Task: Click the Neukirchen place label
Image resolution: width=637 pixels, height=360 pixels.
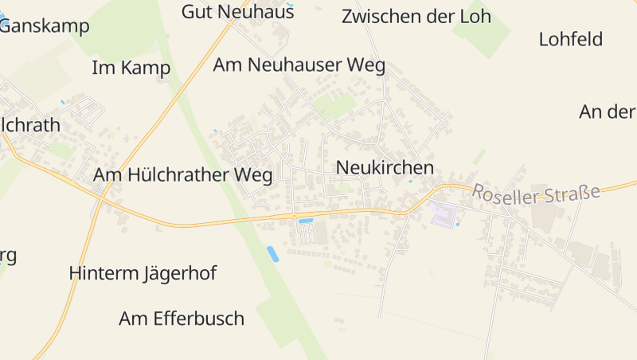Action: pos(385,167)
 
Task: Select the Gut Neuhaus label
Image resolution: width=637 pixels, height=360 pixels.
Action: pos(237,11)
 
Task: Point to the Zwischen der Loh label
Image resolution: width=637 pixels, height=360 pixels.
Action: pos(416,16)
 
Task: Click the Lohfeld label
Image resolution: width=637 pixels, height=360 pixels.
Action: pos(570,39)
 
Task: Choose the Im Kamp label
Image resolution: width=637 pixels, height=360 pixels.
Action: pos(131,68)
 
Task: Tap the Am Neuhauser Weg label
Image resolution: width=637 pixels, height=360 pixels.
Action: pos(299,65)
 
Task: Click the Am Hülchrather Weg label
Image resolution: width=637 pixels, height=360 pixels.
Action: pos(182,174)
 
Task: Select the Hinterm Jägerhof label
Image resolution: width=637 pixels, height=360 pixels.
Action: pos(143,273)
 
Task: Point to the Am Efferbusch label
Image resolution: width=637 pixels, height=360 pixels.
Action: pos(181,319)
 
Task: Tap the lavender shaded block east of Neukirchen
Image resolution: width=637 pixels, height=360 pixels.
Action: pos(444,214)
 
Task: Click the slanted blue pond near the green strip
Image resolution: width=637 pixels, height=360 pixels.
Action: pos(272,254)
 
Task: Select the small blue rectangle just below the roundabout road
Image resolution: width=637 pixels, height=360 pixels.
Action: pos(305,221)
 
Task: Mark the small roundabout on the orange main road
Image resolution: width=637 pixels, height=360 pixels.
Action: pos(294,215)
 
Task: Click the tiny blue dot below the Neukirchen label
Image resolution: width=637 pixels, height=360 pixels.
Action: pos(410,182)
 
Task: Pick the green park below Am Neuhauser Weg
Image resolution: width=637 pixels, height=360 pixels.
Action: pos(334,105)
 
